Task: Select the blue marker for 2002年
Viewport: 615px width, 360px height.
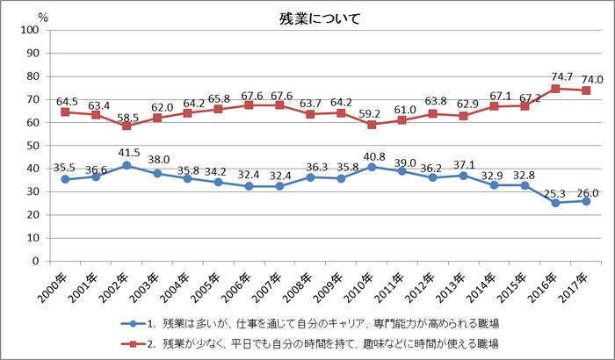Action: click(127, 165)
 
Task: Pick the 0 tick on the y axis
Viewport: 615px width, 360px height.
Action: click(34, 261)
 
